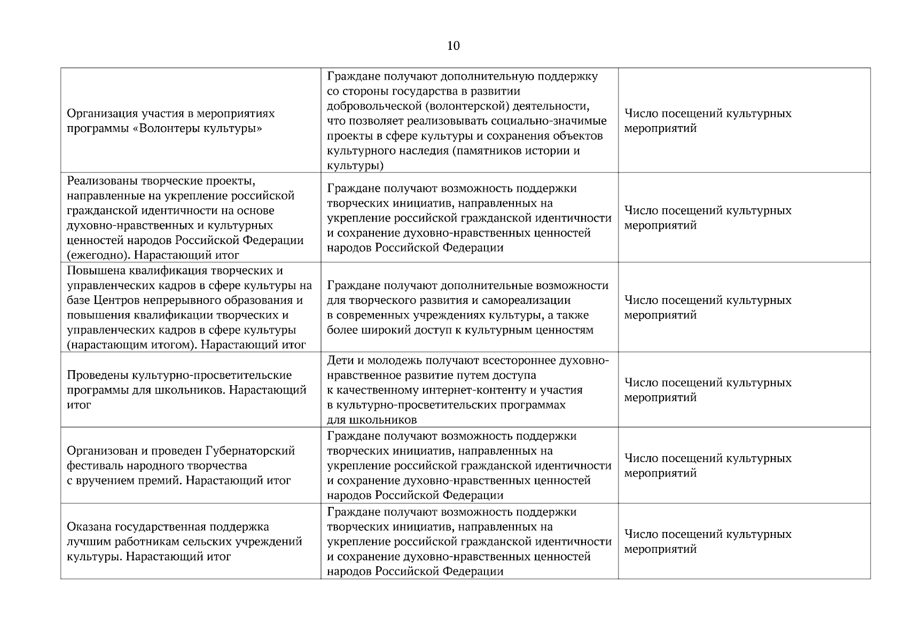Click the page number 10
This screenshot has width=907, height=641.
coord(453,46)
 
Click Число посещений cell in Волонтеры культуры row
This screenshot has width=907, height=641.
coord(707,121)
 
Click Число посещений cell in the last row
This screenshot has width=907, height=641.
coord(707,542)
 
